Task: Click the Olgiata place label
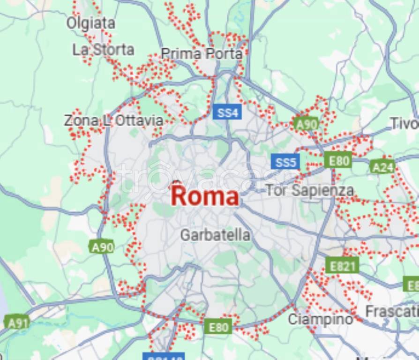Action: point(90,22)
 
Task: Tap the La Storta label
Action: point(103,49)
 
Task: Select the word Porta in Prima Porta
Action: point(224,53)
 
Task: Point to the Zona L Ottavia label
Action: point(113,120)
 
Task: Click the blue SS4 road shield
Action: point(228,112)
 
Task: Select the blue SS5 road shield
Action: point(285,162)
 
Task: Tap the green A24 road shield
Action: point(382,166)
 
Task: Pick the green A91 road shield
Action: point(17,322)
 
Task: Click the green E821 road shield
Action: point(342,266)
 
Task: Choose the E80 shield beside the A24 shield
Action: point(338,161)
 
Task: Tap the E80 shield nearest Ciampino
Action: point(218,327)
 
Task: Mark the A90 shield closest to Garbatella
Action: point(102,247)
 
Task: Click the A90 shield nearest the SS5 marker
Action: point(307,124)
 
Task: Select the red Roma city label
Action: point(205,196)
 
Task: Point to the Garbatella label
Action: point(215,235)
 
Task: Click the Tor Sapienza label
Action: point(310,190)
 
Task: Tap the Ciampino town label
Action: point(320,319)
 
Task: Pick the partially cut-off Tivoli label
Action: point(404,123)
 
